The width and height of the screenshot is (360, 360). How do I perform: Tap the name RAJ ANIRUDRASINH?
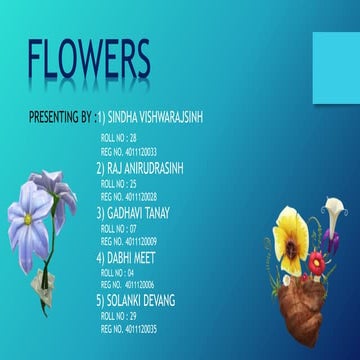[145, 170]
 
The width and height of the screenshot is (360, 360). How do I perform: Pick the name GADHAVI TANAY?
[139, 213]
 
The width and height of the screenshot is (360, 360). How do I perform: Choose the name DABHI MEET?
[131, 255]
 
